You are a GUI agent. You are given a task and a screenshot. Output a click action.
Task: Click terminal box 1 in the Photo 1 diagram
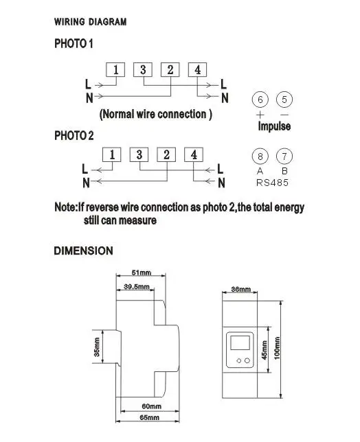pyautogui.click(x=115, y=69)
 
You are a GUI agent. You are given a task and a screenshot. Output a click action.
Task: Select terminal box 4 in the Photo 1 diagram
pyautogui.click(x=197, y=69)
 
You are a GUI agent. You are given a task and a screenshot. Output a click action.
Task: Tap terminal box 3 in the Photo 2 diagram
pyautogui.click(x=139, y=154)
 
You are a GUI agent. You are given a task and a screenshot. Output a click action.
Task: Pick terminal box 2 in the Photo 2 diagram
pyautogui.click(x=166, y=154)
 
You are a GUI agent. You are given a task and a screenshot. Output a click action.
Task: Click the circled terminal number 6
pyautogui.click(x=260, y=100)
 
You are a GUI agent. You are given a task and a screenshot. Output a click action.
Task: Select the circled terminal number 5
pyautogui.click(x=284, y=100)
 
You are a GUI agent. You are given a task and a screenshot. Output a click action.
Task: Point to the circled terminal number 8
pyautogui.click(x=260, y=156)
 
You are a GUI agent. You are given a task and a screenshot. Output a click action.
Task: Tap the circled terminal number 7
pyautogui.click(x=284, y=156)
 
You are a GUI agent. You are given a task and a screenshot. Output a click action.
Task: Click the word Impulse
pyautogui.click(x=274, y=126)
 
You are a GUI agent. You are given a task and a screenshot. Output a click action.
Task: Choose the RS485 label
pyautogui.click(x=272, y=183)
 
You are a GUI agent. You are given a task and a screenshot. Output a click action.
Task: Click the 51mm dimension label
pyautogui.click(x=142, y=272)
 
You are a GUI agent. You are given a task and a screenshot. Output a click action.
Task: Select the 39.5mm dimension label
pyautogui.click(x=137, y=287)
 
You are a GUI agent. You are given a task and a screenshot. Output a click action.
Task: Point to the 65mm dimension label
pyautogui.click(x=150, y=417)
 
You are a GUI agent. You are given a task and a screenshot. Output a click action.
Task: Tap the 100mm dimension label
pyautogui.click(x=277, y=348)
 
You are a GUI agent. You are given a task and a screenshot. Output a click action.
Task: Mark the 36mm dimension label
pyautogui.click(x=240, y=289)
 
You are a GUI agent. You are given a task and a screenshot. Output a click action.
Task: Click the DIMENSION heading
pyautogui.click(x=84, y=251)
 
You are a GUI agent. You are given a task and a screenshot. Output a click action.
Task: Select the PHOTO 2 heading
pyautogui.click(x=74, y=136)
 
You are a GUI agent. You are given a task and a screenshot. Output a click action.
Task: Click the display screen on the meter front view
pyautogui.click(x=240, y=342)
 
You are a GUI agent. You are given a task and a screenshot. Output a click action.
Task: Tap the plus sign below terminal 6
pyautogui.click(x=260, y=115)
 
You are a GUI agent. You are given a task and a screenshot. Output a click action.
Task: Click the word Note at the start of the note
pyautogui.click(x=65, y=207)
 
